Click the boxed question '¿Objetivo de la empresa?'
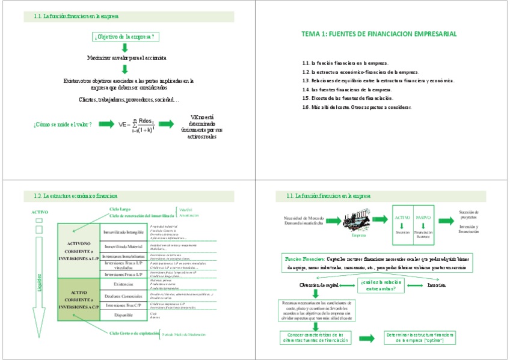click(124, 37)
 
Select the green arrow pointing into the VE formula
click(106, 124)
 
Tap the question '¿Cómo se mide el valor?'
click(63, 124)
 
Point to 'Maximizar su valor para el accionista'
click(127, 58)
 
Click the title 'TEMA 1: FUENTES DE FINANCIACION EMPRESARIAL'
click(379, 34)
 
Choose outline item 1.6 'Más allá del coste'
click(357, 106)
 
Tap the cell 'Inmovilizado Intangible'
click(123, 231)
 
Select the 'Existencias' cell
click(123, 284)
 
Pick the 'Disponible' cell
click(123, 314)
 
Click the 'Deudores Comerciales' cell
click(123, 296)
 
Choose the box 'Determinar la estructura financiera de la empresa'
click(420, 337)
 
